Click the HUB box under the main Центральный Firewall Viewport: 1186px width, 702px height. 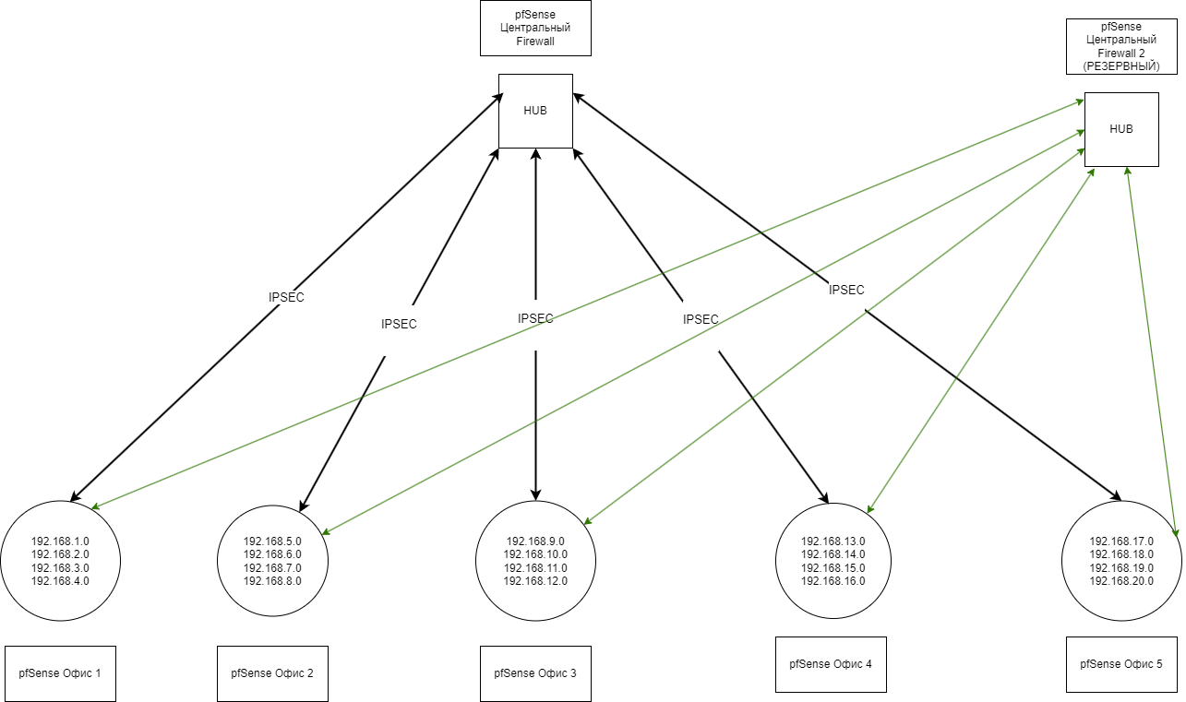pyautogui.click(x=535, y=111)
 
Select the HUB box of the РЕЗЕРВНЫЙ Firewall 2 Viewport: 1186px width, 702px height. pyautogui.click(x=1121, y=129)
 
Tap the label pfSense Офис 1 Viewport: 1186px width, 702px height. pyautogui.click(x=60, y=672)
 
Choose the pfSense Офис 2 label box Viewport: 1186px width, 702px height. pyautogui.click(x=272, y=672)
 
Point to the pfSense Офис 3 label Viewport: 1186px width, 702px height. pyautogui.click(x=535, y=672)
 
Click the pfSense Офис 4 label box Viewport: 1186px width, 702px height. pyautogui.click(x=831, y=663)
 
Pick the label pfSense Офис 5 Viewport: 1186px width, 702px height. pyautogui.click(x=1121, y=663)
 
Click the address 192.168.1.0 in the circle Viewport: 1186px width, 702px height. pyautogui.click(x=60, y=541)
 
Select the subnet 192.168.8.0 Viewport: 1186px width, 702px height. pyautogui.click(x=272, y=581)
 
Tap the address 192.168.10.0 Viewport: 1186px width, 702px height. pyautogui.click(x=535, y=554)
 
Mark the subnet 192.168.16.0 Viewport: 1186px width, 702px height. pyautogui.click(x=833, y=581)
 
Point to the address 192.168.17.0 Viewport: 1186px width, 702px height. pyautogui.click(x=1121, y=541)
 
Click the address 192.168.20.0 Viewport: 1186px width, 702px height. pyautogui.click(x=1121, y=581)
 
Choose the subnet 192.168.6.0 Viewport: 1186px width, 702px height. pyautogui.click(x=272, y=554)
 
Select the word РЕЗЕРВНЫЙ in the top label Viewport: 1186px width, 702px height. pyautogui.click(x=1121, y=66)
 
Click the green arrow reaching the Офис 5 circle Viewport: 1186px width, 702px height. pyautogui.click(x=1152, y=351)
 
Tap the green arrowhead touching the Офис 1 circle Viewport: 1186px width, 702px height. pyautogui.click(x=96, y=506)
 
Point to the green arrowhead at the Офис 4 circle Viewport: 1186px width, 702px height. pyautogui.click(x=869, y=509)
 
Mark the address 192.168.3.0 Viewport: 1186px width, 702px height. pyautogui.click(x=60, y=568)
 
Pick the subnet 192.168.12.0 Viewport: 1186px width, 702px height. pyautogui.click(x=535, y=581)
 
